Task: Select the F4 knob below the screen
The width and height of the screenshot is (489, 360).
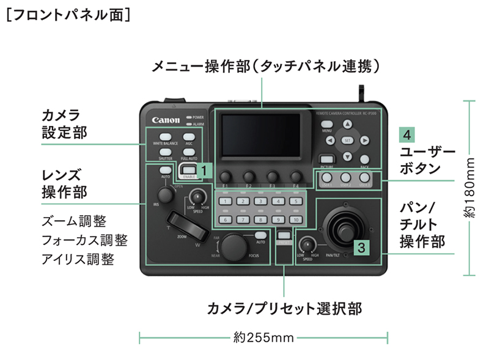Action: click(296, 174)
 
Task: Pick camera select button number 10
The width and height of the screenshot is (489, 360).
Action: click(296, 219)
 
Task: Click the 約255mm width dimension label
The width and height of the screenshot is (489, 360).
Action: click(264, 336)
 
